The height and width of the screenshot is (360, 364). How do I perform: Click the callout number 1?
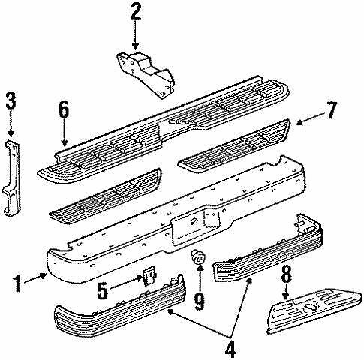[x=17, y=283]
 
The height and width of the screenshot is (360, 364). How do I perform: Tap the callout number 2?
[x=136, y=11]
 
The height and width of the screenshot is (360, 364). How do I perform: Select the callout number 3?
[x=11, y=101]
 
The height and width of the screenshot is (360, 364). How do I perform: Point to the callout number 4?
[x=230, y=349]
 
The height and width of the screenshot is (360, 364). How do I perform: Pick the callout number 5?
[x=103, y=290]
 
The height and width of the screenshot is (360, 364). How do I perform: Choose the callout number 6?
[x=64, y=109]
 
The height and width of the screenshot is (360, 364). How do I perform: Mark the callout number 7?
[x=331, y=110]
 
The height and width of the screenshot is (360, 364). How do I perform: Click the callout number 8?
[x=286, y=274]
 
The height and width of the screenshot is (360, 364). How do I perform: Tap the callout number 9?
[x=200, y=301]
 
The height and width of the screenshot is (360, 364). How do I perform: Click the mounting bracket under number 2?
[x=146, y=74]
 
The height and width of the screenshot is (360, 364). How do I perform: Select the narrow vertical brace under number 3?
[x=12, y=178]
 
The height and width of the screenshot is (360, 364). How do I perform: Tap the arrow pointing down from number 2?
[x=135, y=35]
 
